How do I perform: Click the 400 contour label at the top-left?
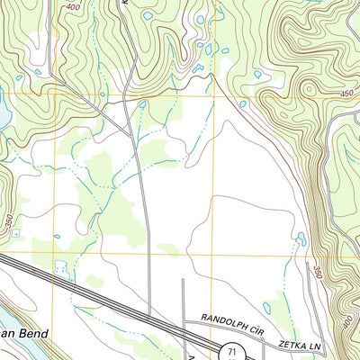click(x=71, y=6)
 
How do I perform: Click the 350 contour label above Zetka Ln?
click(x=318, y=270)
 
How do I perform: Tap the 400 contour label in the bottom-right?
click(x=348, y=321)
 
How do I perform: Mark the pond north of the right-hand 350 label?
click(x=301, y=239)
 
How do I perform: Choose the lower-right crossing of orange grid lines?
click(x=214, y=254)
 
